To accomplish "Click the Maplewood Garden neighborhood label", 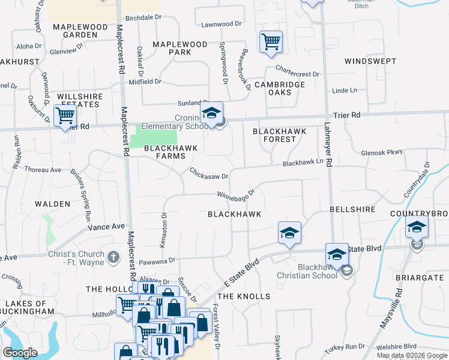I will point(75,31).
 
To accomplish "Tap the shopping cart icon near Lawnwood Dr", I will point(271,42).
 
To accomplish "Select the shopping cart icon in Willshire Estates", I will point(65,115).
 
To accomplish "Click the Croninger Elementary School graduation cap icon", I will point(211,113).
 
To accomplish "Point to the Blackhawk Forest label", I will point(279,135).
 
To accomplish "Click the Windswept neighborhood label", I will point(370,62).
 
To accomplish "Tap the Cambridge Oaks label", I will point(280,89).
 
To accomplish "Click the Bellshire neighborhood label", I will point(352,209).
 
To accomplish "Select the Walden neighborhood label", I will point(52,204).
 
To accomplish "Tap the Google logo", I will point(20,353).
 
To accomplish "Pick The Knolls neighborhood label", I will point(244,296).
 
